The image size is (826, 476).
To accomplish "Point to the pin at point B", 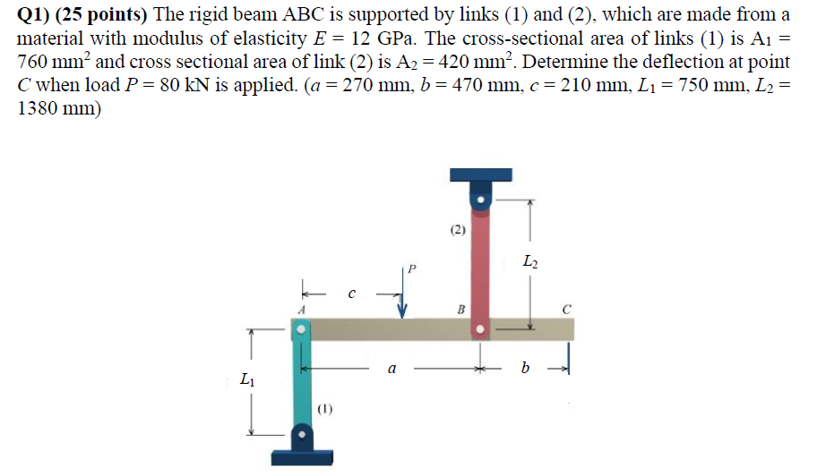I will [x=482, y=329].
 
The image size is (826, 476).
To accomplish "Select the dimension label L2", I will [x=530, y=262].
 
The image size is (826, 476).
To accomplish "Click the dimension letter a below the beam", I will [x=391, y=367].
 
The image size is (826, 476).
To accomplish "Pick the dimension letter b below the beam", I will [x=525, y=367].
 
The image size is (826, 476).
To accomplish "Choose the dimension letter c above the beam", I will [x=352, y=292].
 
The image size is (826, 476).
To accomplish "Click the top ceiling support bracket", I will [x=481, y=175].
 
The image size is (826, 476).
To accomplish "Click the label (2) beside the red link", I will [x=458, y=230].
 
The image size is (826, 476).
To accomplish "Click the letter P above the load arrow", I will [x=412, y=268].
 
